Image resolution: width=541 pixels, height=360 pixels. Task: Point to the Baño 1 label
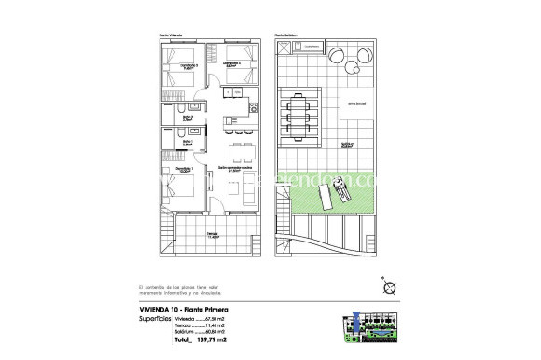click(x=187, y=143)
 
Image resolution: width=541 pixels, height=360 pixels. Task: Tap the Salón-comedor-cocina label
click(x=237, y=169)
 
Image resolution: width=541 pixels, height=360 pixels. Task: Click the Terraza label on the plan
click(x=214, y=235)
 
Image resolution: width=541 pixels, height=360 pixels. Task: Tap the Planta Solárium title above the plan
click(x=284, y=35)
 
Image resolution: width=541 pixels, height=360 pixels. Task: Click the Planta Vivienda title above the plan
click(x=171, y=35)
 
